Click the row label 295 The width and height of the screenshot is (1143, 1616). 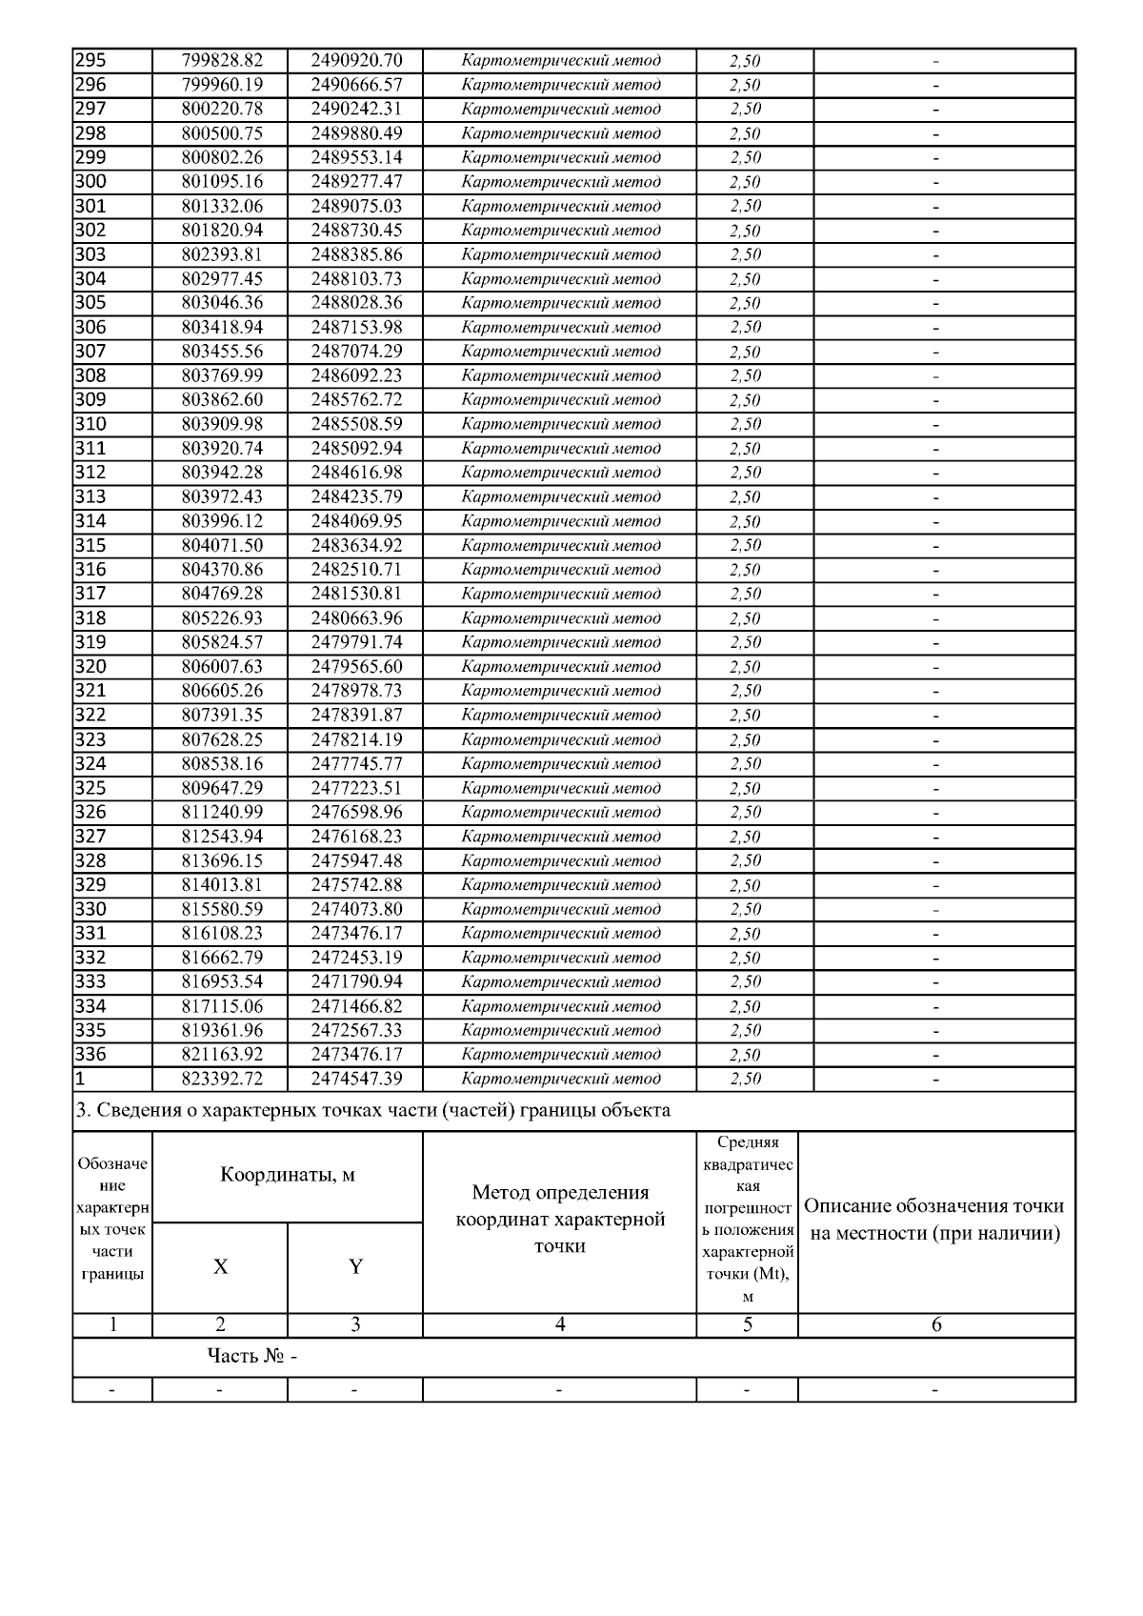point(90,60)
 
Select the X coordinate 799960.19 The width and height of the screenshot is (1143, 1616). point(222,85)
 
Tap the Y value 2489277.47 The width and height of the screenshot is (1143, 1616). point(356,182)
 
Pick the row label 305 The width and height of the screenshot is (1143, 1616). point(90,303)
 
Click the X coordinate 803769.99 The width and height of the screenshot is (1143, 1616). point(222,375)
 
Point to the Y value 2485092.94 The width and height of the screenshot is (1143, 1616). point(356,449)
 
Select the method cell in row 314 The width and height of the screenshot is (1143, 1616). point(560,521)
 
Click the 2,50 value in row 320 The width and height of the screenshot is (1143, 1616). point(745,667)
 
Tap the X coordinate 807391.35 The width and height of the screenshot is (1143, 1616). point(222,716)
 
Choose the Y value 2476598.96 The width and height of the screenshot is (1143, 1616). point(356,813)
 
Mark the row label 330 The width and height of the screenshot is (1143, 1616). point(90,910)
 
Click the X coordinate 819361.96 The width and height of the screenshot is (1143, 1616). point(222,1031)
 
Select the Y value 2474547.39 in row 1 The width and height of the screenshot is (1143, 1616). point(356,1080)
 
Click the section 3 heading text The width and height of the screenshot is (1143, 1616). point(372,1110)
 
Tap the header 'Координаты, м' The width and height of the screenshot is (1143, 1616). point(288,1175)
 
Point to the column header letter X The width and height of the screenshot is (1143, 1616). point(221,1266)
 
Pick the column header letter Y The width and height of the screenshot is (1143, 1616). point(355,1266)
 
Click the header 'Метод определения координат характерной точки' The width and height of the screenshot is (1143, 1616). point(560,1219)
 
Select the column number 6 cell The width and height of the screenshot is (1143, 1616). point(936,1324)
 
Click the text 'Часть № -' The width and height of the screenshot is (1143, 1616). point(252,1357)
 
